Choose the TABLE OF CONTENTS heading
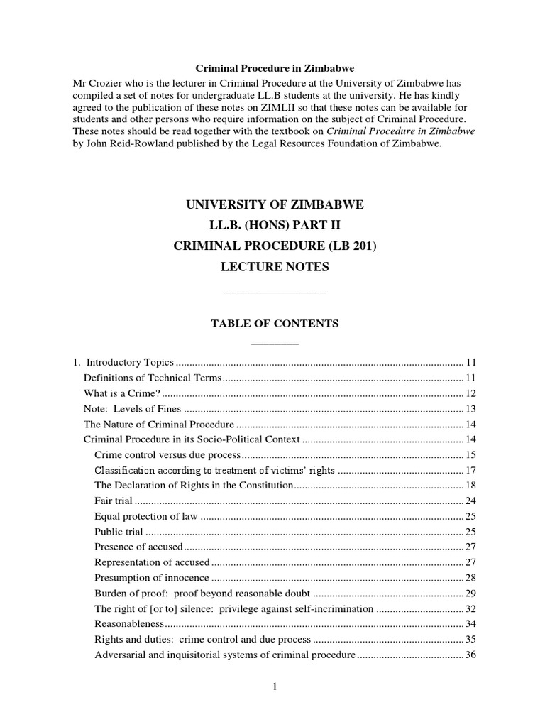275,324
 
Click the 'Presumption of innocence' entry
152,579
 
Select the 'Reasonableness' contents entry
129,625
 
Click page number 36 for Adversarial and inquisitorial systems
470,656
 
